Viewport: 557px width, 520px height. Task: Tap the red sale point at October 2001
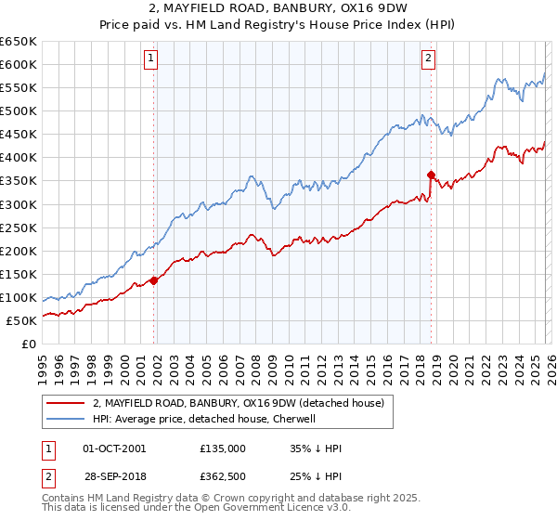coord(153,280)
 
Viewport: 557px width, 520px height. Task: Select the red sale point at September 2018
coord(431,175)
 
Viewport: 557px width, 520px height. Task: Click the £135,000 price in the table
coord(223,448)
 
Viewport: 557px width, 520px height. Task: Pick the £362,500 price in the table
coord(223,478)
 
